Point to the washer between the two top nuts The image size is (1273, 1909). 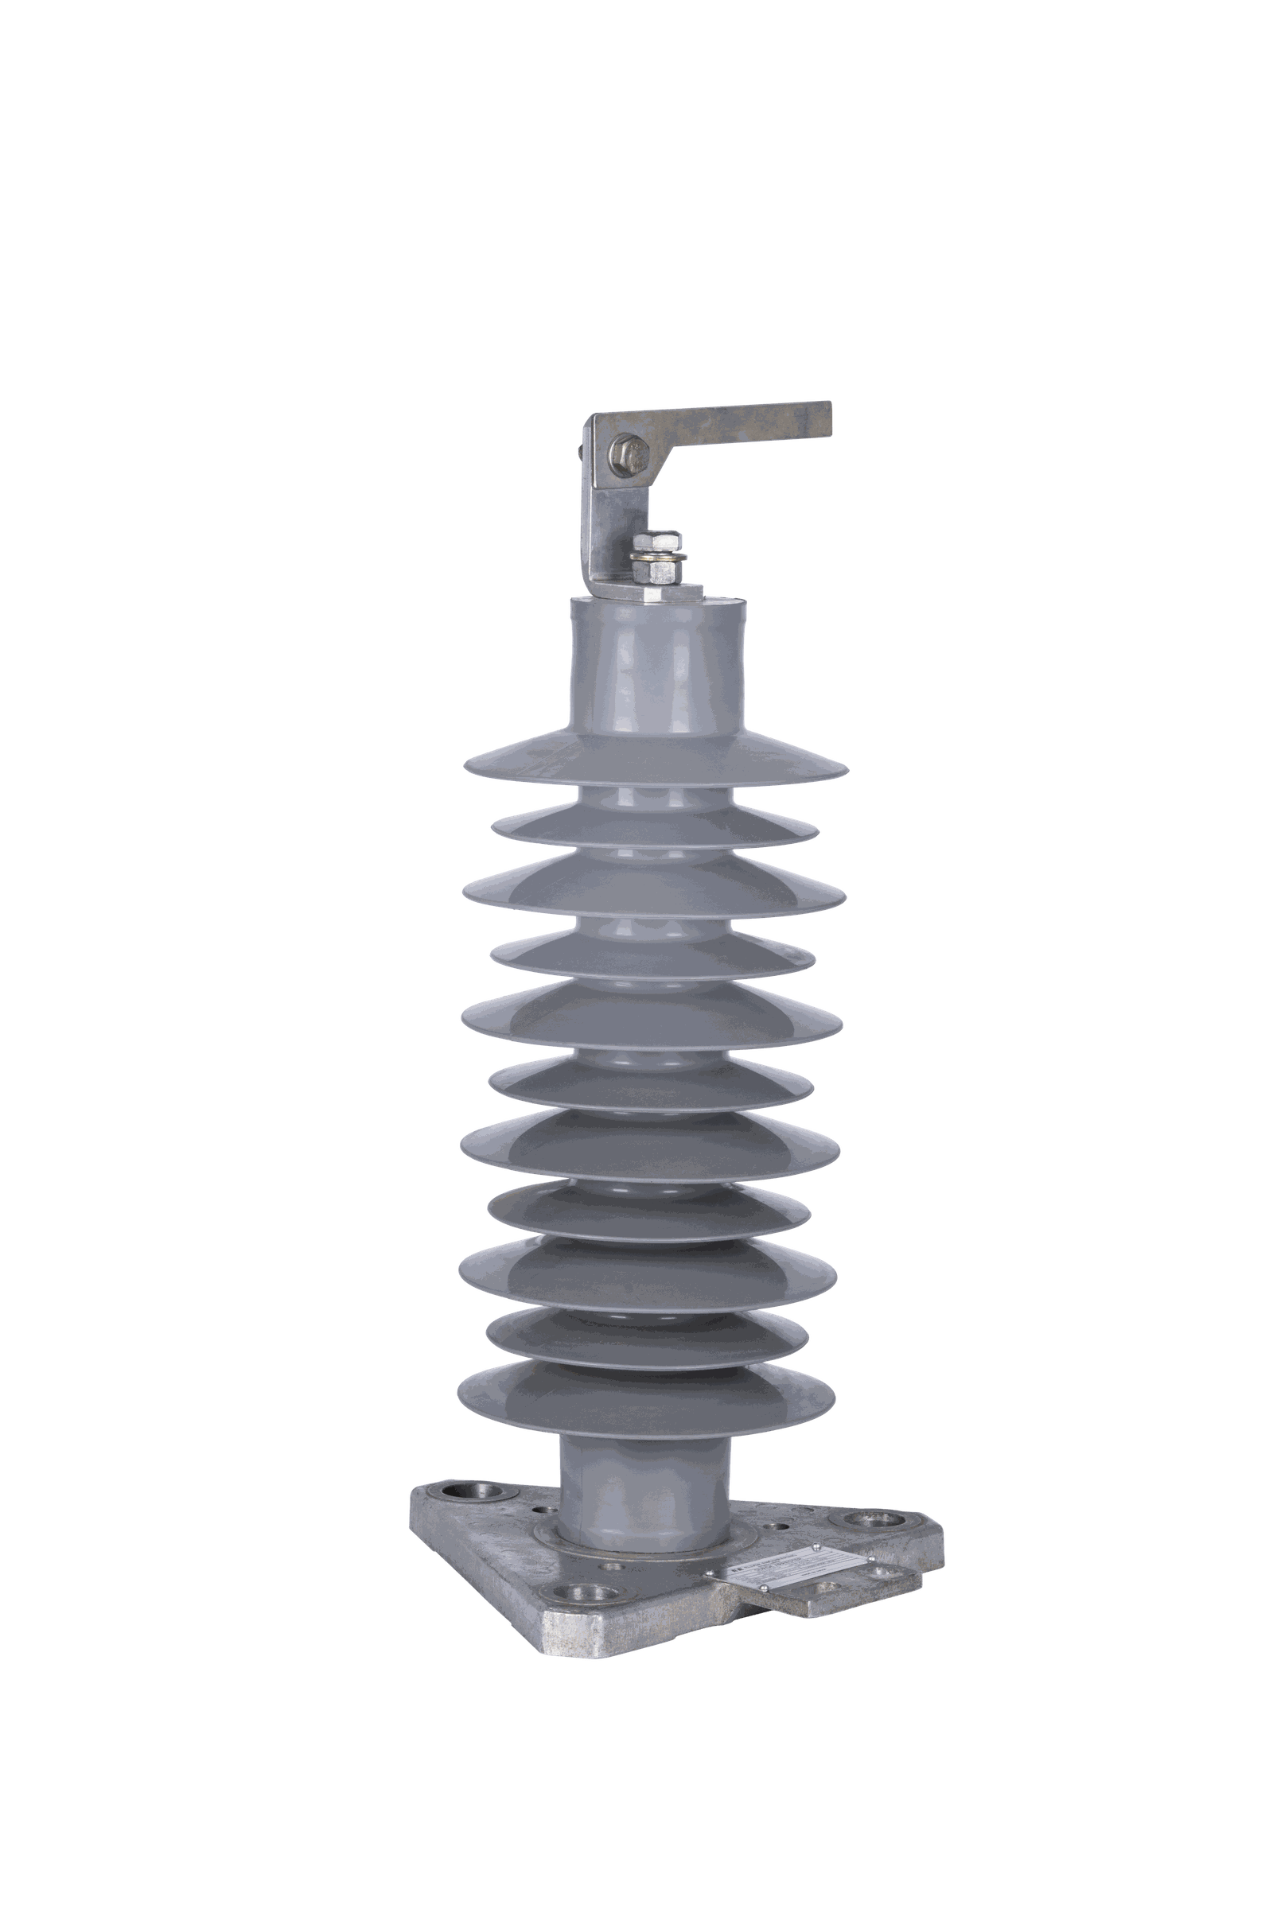tap(659, 557)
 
